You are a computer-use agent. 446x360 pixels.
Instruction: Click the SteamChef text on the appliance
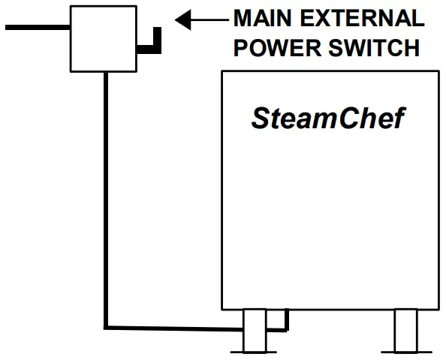click(327, 118)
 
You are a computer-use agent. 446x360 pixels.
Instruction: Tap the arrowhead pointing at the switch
click(182, 19)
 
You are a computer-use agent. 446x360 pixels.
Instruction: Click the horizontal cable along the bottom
click(173, 326)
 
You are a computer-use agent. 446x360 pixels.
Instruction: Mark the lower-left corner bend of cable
click(107, 326)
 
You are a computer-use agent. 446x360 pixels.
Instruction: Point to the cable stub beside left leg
click(284, 321)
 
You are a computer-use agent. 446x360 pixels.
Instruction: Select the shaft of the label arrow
click(206, 19)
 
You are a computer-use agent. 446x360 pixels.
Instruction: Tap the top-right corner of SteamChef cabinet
click(438, 72)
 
